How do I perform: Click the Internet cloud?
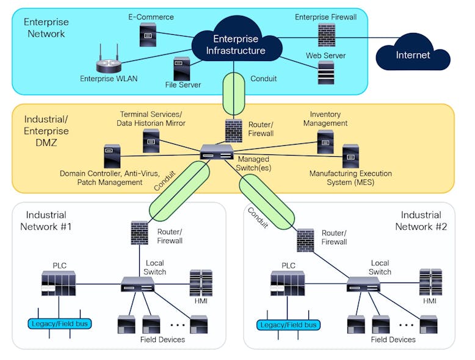tap(413, 56)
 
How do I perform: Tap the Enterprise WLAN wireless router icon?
tap(109, 63)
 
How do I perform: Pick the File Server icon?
tap(181, 69)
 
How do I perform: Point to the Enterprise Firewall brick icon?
tap(325, 35)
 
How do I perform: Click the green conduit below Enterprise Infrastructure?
tap(233, 93)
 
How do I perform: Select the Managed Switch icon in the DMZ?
tap(217, 153)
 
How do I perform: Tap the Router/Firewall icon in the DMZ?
tap(233, 129)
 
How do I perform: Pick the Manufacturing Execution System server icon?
tap(350, 156)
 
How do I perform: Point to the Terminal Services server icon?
tap(151, 141)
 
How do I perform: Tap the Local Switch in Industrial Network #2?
tap(363, 284)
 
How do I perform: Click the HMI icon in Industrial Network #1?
tap(201, 283)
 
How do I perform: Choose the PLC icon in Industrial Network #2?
tap(287, 284)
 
